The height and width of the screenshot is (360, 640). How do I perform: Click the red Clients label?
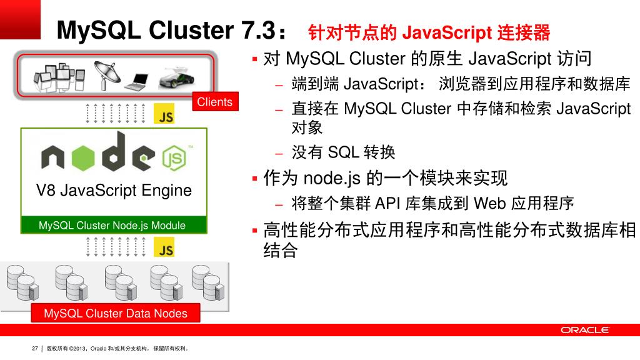click(214, 102)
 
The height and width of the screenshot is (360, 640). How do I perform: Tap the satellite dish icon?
click(106, 74)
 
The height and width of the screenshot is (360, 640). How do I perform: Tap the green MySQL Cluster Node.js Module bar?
click(112, 225)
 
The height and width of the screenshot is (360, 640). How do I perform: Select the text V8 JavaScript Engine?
click(114, 190)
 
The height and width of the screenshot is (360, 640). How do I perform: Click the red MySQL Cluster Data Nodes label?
click(116, 313)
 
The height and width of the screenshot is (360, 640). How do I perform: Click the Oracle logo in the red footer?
click(584, 330)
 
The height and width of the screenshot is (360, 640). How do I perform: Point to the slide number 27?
click(35, 349)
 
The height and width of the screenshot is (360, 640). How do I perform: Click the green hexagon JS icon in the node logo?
click(174, 158)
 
